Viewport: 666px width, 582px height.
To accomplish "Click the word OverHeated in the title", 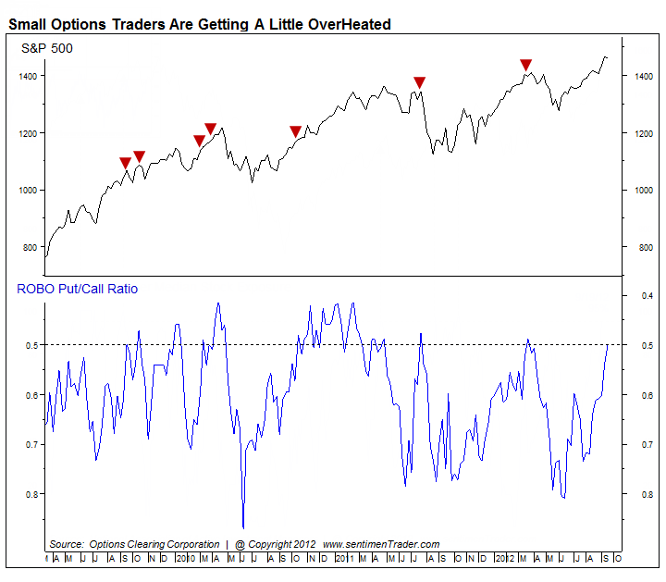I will (x=346, y=24).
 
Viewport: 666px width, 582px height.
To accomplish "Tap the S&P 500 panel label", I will (x=47, y=48).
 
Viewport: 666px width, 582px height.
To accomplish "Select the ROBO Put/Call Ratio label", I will (x=78, y=289).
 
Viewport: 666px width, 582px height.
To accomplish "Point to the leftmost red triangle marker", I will (x=126, y=164).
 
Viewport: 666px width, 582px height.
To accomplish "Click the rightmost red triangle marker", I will (x=525, y=65).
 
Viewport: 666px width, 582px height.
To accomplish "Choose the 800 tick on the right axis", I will (x=641, y=247).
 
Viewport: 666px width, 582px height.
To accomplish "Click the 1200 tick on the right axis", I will (x=641, y=133).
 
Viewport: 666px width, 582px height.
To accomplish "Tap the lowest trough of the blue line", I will (x=243, y=527).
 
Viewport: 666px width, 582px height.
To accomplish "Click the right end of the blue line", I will (x=608, y=344).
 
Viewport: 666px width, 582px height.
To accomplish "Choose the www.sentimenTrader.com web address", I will (x=381, y=544).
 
